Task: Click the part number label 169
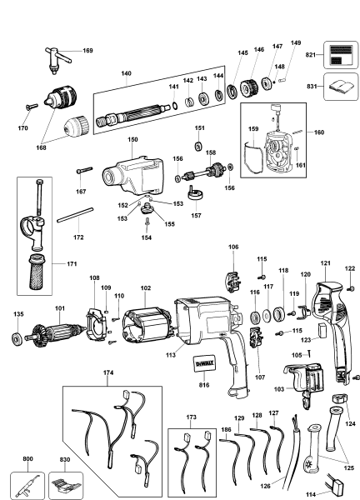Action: point(87,50)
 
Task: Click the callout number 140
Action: point(127,75)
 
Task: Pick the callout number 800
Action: point(27,458)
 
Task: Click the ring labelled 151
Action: point(199,147)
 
